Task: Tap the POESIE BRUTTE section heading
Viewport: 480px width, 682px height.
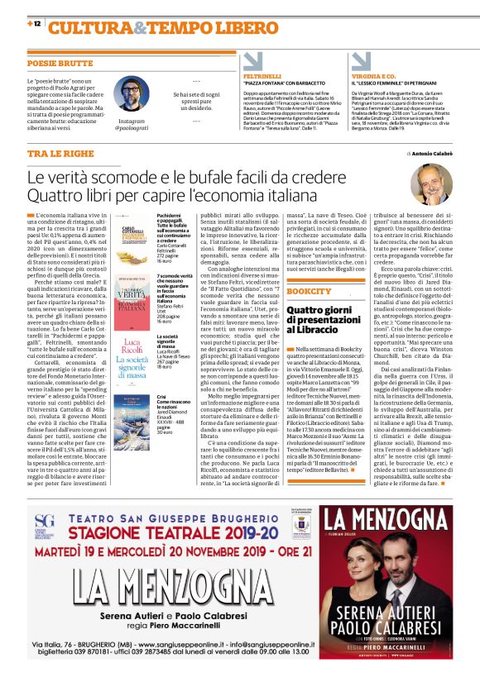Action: (60, 63)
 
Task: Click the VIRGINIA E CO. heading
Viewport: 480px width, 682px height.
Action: (370, 75)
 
